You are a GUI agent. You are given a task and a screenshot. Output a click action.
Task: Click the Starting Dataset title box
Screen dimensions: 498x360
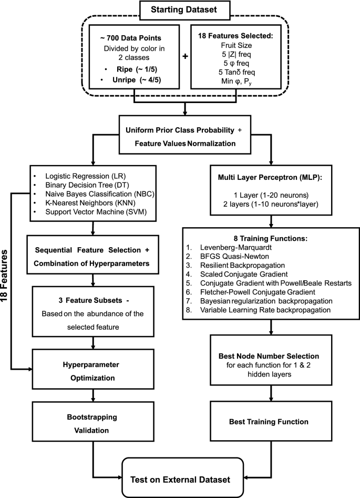180,10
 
